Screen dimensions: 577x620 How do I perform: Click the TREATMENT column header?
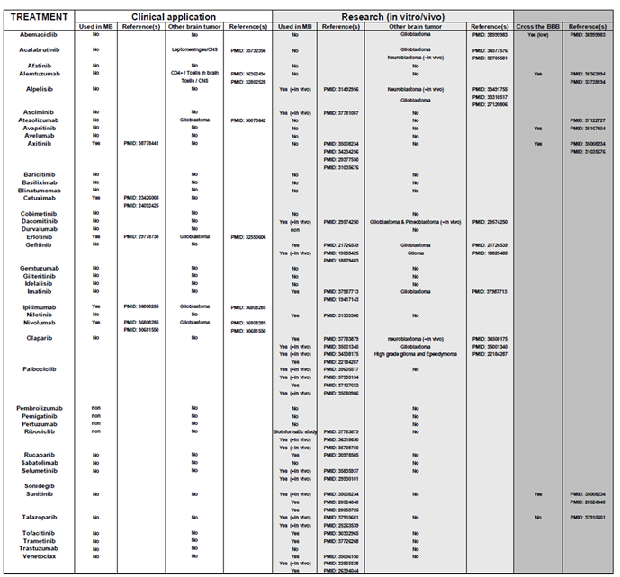[37, 16]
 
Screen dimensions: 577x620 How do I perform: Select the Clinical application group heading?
[174, 16]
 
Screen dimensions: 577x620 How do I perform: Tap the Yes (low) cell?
[538, 34]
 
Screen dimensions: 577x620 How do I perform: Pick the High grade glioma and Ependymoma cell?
[415, 354]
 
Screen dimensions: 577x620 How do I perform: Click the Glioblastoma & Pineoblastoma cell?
[415, 221]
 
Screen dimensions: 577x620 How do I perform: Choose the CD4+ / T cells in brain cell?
[193, 74]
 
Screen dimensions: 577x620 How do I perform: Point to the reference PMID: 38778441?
[143, 143]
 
